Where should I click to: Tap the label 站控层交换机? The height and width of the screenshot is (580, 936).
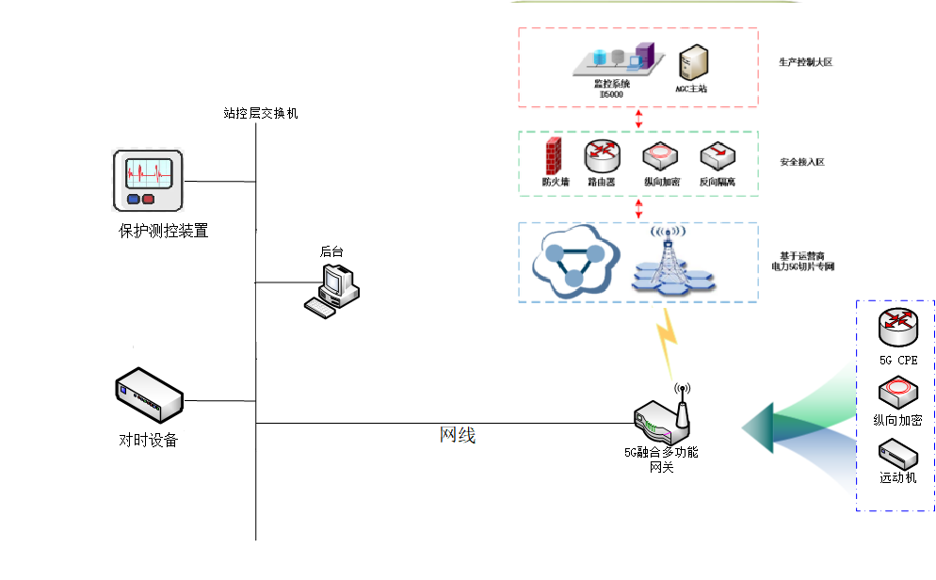point(261,113)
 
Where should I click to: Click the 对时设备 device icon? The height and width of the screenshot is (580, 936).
point(149,394)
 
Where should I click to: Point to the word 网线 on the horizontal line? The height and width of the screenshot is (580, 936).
point(459,435)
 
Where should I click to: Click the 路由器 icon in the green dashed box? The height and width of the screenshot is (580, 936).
point(601,154)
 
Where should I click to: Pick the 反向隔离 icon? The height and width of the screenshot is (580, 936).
point(717,155)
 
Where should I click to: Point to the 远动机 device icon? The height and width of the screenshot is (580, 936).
point(897,454)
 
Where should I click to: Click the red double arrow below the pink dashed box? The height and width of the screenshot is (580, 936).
point(638,119)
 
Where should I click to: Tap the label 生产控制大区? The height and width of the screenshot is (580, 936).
point(805,62)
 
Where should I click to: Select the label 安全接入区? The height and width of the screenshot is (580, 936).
point(802,162)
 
